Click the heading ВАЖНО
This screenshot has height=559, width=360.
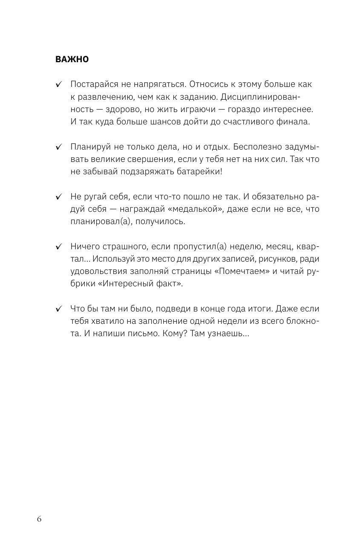click(x=72, y=60)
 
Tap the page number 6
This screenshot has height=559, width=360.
click(x=39, y=519)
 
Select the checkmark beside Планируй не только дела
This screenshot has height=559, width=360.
click(x=59, y=147)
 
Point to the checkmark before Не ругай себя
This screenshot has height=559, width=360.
click(x=59, y=197)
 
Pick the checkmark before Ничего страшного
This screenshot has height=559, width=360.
click(x=59, y=247)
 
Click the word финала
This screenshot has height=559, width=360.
click(x=295, y=121)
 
